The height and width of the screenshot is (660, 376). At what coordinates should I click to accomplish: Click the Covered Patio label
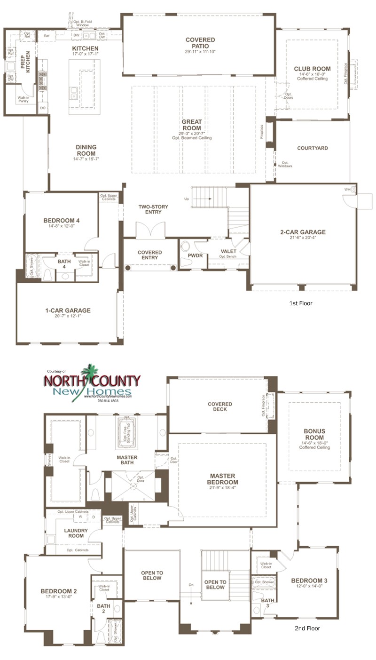click(x=200, y=43)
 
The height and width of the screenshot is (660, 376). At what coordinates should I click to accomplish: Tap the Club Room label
click(x=312, y=69)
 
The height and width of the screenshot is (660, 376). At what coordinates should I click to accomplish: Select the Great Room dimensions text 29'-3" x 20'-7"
click(x=191, y=134)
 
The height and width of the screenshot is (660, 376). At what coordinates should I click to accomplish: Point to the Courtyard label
click(x=313, y=148)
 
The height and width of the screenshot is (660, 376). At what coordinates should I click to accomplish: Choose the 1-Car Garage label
click(x=68, y=310)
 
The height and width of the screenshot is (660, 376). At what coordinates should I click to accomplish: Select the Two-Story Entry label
click(x=153, y=209)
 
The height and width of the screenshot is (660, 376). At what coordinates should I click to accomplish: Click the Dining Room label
click(x=86, y=150)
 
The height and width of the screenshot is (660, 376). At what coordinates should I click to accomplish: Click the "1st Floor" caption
click(x=301, y=303)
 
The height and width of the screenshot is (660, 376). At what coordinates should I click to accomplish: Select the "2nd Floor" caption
click(x=307, y=628)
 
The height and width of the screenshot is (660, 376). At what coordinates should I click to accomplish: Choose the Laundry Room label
click(x=76, y=533)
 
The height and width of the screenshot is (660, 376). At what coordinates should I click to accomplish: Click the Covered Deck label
click(x=220, y=407)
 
